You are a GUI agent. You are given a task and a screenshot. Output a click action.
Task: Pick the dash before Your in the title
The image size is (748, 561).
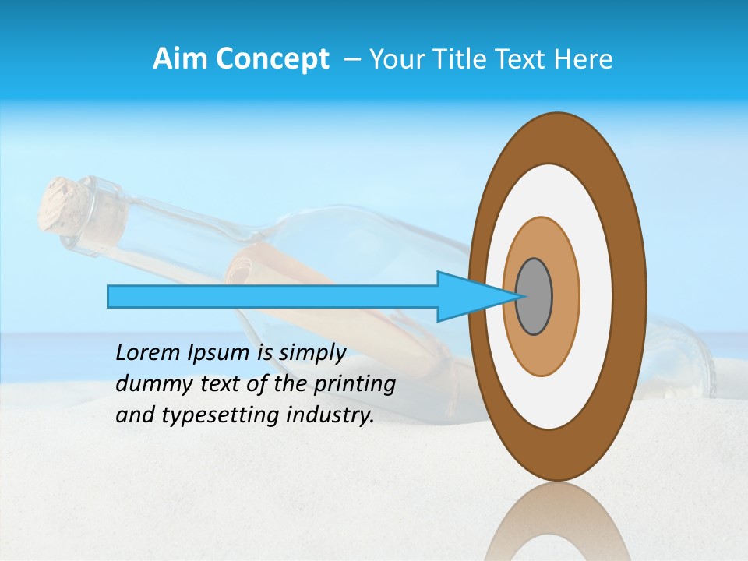(352, 59)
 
